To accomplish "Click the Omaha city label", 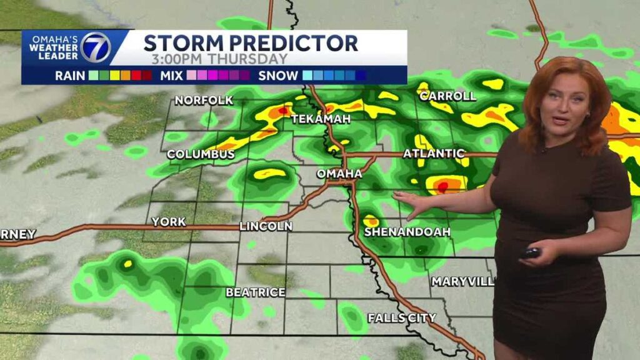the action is click(339, 173).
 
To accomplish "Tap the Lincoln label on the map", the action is click(266, 226).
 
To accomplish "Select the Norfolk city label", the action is click(204, 100).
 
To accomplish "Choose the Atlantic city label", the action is click(434, 153).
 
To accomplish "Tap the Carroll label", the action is click(447, 96).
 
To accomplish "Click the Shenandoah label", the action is click(407, 232).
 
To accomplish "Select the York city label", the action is click(169, 222).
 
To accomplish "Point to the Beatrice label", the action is click(256, 292).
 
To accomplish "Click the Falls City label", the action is click(401, 317).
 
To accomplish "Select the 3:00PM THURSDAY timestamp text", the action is click(219, 59).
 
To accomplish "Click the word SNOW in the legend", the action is click(279, 76).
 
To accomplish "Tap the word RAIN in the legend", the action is click(70, 76).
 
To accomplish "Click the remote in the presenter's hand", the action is click(531, 252).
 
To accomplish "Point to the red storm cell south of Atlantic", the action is click(443, 186).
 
